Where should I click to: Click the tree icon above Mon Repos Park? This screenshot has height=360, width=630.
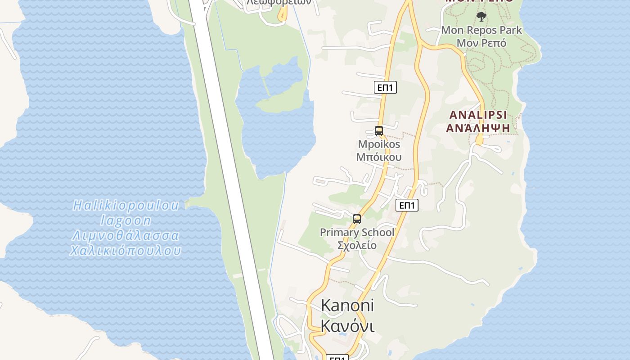(x=481, y=17)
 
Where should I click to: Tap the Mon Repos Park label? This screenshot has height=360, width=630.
(x=481, y=30)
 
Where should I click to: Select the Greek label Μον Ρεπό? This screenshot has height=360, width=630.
(x=481, y=43)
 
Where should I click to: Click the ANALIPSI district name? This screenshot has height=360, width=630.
(x=478, y=115)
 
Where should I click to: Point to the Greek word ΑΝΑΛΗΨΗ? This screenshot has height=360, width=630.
(x=478, y=128)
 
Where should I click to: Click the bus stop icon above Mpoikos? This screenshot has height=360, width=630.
(x=379, y=131)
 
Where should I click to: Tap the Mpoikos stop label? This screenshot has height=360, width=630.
(x=379, y=144)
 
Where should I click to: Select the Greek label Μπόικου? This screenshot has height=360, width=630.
(x=379, y=157)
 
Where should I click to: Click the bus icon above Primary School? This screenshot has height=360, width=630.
(x=357, y=219)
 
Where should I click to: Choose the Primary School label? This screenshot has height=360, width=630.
(x=357, y=232)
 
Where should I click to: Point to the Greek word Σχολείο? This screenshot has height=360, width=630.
(x=357, y=245)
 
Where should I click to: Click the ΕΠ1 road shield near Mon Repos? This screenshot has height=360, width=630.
(x=385, y=87)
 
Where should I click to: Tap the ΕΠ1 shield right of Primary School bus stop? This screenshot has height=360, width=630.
(x=407, y=205)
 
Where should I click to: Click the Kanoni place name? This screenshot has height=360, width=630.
(x=347, y=306)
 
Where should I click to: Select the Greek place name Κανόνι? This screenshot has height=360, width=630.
(x=347, y=326)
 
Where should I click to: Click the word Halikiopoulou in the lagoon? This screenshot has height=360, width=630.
(x=126, y=206)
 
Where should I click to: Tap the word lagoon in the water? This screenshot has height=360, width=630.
(x=126, y=220)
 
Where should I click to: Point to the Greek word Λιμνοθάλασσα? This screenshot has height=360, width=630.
(x=126, y=236)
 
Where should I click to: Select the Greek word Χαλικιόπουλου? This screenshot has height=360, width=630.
(x=126, y=251)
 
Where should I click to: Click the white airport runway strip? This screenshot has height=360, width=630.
(x=229, y=180)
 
